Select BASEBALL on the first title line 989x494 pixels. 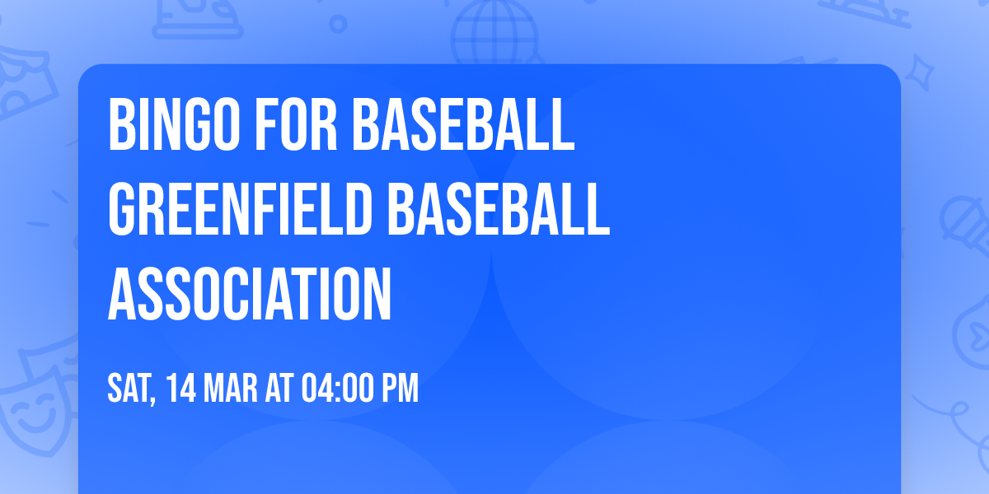462,124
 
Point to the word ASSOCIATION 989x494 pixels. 250,294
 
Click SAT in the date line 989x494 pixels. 129,388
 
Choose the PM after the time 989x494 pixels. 401,388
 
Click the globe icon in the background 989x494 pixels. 493,33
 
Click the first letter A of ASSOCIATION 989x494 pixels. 121,294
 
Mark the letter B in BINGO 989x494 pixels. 121,124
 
